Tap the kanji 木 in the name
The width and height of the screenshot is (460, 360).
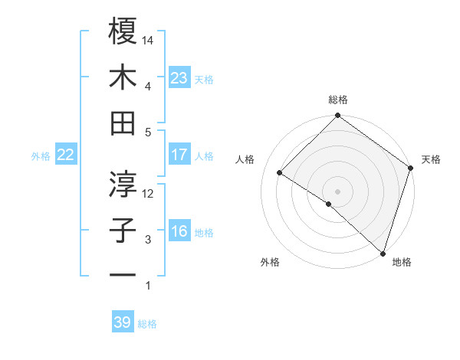tap(123, 77)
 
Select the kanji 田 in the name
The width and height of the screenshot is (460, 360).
tap(123, 123)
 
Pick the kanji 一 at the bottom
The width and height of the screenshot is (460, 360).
tap(123, 274)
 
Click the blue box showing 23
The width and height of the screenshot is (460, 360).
tap(179, 77)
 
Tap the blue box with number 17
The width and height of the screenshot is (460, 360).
tap(179, 155)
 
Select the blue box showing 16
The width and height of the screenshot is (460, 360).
tap(179, 231)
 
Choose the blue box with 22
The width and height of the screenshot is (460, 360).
tap(65, 155)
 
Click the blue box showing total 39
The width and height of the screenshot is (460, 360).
tap(122, 322)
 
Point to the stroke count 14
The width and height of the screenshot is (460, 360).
tap(149, 39)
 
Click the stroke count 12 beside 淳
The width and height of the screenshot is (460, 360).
tap(149, 193)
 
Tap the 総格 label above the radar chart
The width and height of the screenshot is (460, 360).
tap(338, 100)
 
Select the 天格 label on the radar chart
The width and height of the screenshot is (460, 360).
tap(431, 159)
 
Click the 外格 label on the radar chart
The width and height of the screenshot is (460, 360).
tap(270, 262)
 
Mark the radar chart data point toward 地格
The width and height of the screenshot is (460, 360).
tap(383, 252)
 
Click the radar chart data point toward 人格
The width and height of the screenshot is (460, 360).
tap(280, 172)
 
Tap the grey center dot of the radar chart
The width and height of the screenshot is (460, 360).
tap(337, 191)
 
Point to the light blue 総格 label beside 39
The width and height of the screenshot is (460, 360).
tap(147, 323)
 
